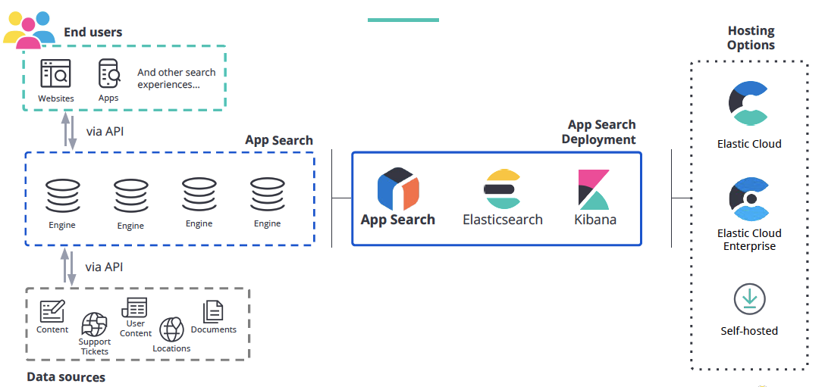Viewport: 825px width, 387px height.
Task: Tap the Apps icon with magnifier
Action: [x=109, y=74]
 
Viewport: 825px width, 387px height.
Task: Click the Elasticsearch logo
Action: [x=503, y=189]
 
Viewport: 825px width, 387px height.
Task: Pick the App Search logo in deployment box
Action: [x=398, y=189]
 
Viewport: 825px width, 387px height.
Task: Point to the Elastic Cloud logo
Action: [x=749, y=104]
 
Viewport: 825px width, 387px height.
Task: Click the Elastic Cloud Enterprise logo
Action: [x=749, y=198]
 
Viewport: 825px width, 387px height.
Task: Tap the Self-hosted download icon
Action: [x=749, y=299]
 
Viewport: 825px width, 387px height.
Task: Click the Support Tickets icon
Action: [x=95, y=324]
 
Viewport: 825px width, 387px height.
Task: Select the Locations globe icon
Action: [x=171, y=329]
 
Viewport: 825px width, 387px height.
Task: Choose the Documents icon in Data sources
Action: [x=213, y=311]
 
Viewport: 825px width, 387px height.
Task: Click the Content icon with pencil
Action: [x=52, y=311]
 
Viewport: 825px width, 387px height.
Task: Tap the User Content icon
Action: [x=135, y=307]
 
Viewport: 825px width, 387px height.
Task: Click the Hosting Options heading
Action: [x=751, y=38]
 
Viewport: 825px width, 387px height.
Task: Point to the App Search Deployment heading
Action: [x=601, y=132]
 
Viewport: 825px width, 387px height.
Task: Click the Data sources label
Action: [x=66, y=377]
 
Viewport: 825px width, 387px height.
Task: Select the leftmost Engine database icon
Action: [x=62, y=195]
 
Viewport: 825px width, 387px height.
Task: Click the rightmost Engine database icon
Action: [x=267, y=195]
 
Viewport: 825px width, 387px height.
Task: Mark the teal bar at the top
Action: [x=403, y=20]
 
